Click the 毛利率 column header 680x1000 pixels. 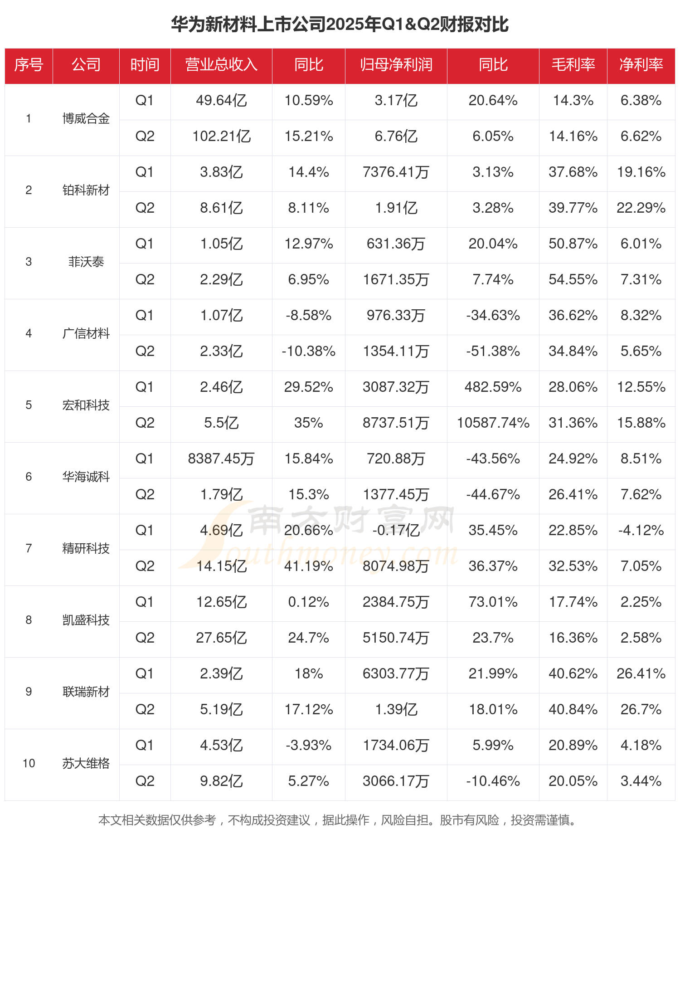tap(573, 65)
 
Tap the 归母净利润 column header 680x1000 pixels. tap(396, 65)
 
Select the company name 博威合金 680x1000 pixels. tap(86, 119)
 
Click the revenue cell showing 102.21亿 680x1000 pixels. tap(221, 137)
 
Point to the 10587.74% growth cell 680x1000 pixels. tap(493, 423)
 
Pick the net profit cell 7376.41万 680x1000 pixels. tap(396, 172)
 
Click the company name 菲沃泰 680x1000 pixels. tap(86, 262)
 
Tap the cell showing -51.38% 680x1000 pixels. tap(493, 351)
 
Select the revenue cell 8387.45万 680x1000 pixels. tap(221, 459)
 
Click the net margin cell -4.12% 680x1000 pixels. tap(641, 531)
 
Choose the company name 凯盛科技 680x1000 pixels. tap(86, 620)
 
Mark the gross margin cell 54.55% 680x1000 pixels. tap(573, 280)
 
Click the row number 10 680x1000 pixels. tap(29, 764)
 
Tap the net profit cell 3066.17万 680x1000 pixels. tap(396, 781)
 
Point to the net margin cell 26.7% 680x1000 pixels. tap(641, 710)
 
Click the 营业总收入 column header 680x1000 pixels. tap(221, 65)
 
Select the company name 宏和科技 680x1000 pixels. tap(86, 405)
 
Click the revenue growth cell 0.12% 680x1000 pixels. tap(308, 602)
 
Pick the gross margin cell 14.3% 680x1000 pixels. tap(573, 101)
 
